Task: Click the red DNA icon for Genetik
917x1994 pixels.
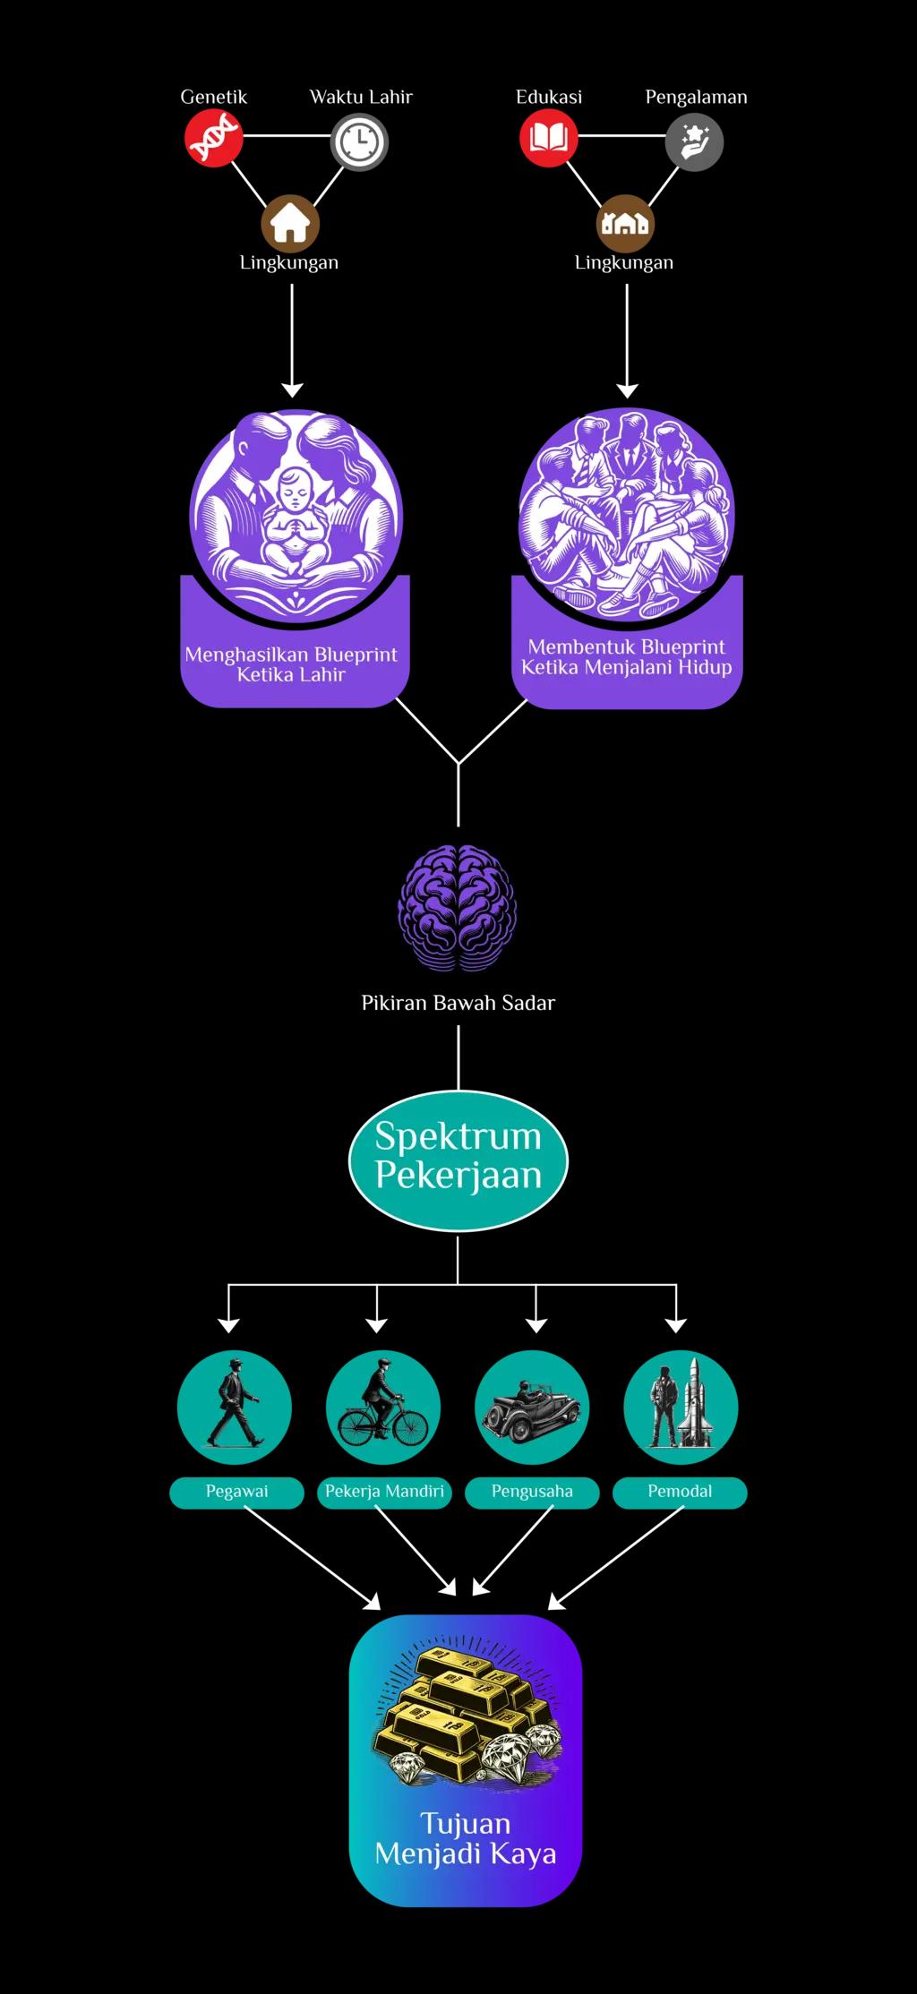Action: pos(213,138)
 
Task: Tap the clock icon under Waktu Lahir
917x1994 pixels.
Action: pos(359,141)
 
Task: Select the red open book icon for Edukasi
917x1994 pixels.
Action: pos(548,138)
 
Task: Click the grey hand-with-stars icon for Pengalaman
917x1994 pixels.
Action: pos(694,141)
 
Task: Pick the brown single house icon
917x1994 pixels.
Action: pos(290,223)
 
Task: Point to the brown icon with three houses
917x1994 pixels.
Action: pos(625,223)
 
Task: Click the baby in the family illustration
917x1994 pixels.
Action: pos(293,519)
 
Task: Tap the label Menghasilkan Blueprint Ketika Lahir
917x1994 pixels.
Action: pos(291,664)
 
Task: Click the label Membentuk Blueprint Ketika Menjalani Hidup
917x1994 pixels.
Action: pos(627,657)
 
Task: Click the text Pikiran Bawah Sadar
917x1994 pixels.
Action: pos(458,1003)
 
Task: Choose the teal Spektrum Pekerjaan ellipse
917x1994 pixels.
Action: pos(458,1160)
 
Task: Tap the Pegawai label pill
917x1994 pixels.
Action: pos(236,1492)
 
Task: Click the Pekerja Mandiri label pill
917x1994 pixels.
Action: pos(384,1492)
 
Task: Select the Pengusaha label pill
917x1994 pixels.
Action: pos(532,1492)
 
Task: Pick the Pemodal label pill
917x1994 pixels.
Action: pos(680,1492)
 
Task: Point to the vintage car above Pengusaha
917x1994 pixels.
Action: pos(531,1411)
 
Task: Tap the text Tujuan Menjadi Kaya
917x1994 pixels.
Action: pos(466,1838)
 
